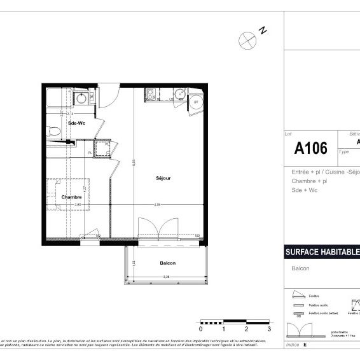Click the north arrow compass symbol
[x=247, y=39]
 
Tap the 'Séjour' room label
[x=163, y=178]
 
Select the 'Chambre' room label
[x=72, y=197]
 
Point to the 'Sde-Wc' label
[x=77, y=123]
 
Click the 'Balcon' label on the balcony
[x=168, y=263]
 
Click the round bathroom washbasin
[x=81, y=99]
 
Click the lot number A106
[x=311, y=149]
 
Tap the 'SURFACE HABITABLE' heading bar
[x=322, y=252]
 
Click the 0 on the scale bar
[x=201, y=329]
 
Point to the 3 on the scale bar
[x=269, y=329]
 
